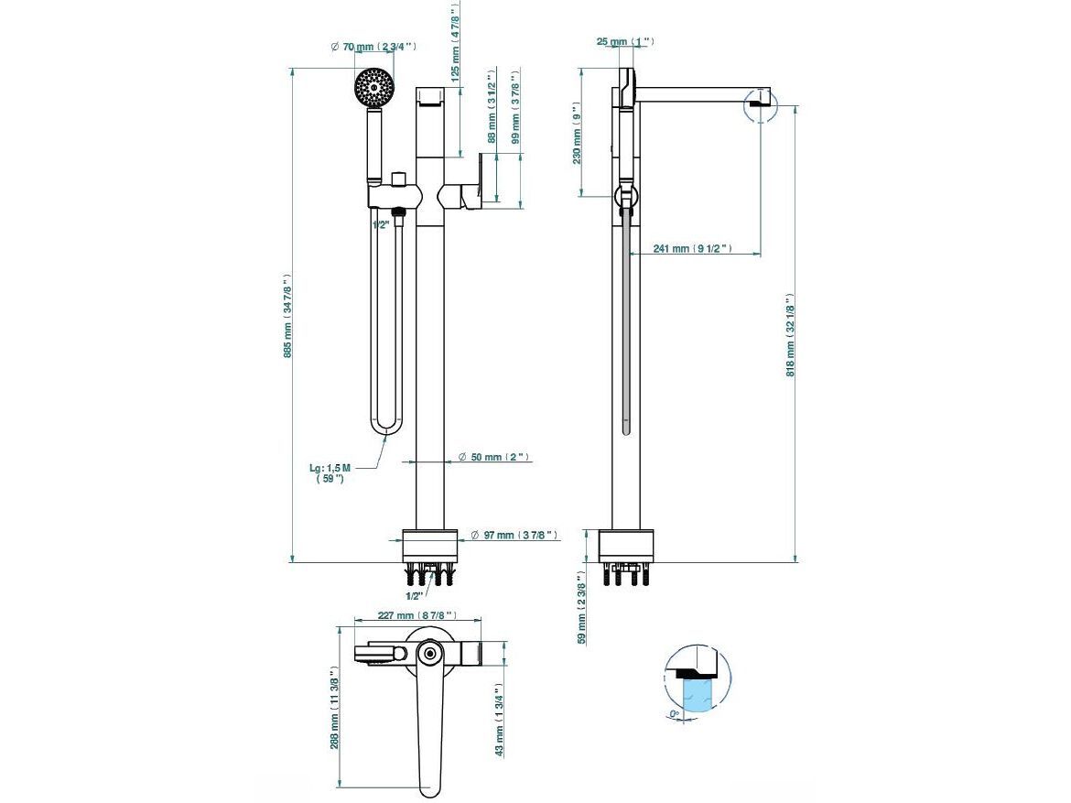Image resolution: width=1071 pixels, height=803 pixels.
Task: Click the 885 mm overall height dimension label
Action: (x=287, y=316)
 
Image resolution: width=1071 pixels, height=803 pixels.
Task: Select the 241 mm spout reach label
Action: (x=692, y=248)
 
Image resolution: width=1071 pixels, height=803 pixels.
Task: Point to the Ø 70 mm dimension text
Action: (x=373, y=46)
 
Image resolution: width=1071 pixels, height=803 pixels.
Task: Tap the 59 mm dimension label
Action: (x=580, y=608)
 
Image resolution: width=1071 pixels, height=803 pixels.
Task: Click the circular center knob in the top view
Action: (x=428, y=653)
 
